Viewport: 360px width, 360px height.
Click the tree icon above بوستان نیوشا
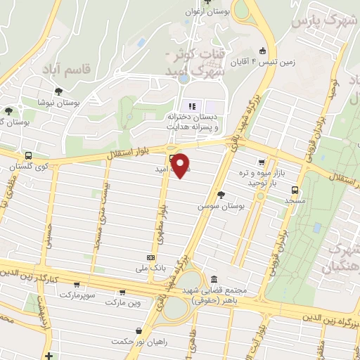click(58, 91)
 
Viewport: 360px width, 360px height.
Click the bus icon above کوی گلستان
click(28, 155)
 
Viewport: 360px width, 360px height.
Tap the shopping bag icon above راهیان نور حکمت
click(139, 331)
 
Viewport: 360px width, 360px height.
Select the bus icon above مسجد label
click(294, 190)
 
